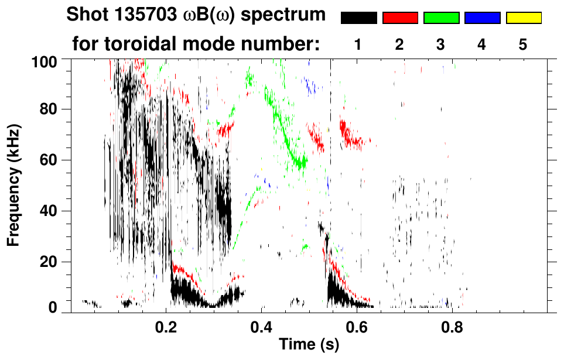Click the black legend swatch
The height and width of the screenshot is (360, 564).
[x=359, y=18]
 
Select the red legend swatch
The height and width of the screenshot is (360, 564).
[x=400, y=18]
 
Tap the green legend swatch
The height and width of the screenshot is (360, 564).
[x=441, y=18]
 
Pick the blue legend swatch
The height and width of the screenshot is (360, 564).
[x=482, y=18]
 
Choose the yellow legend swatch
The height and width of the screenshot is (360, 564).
[x=523, y=18]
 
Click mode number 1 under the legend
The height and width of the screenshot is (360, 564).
[x=358, y=44]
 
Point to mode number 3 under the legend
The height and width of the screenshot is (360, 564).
[x=440, y=44]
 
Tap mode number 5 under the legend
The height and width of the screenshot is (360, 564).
[x=522, y=44]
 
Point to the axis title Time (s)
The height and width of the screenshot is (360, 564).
[x=308, y=345]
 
